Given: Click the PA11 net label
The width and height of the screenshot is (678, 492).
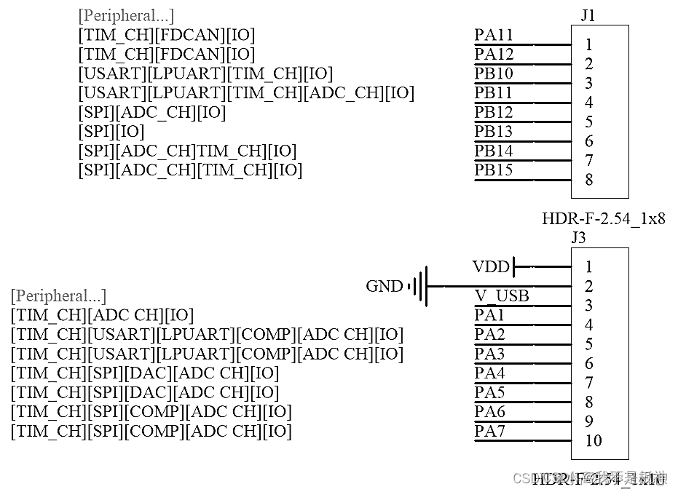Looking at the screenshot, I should coord(494,35).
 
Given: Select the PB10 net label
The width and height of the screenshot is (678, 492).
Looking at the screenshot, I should coord(494,74).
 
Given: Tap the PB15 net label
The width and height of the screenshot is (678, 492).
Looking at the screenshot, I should coord(494,170).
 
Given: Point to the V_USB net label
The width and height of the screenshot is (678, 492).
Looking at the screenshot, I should coord(502,296).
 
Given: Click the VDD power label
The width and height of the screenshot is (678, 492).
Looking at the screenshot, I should coord(491,267).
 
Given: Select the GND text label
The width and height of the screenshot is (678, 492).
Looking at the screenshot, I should coord(384,287).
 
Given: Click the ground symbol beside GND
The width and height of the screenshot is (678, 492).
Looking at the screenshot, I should coord(418,286).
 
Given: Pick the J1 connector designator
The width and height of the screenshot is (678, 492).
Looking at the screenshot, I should coord(588,15).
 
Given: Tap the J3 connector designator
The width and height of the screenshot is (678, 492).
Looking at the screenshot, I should coord(578,237).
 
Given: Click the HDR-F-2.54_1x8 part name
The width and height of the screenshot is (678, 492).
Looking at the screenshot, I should coord(603,218).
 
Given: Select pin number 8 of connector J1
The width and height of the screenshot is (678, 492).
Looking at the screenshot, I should coord(588,180).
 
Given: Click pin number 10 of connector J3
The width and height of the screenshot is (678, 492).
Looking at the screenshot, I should coord(593,440).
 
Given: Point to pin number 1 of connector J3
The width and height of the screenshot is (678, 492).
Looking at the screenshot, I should coord(588,267).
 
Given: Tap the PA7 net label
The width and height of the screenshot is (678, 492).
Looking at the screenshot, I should coord(489,431).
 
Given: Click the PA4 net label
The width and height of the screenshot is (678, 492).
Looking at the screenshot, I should coord(489,373).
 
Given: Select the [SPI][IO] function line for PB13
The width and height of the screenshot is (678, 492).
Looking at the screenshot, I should coord(111,132).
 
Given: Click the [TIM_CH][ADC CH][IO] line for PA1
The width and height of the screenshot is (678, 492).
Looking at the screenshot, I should coord(102,315).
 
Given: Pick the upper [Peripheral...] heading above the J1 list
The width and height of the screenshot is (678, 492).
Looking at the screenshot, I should coord(126,15).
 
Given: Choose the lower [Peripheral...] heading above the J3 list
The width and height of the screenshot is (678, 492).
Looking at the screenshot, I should coord(58,296).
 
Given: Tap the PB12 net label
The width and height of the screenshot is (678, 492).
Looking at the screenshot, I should coord(494,112).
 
